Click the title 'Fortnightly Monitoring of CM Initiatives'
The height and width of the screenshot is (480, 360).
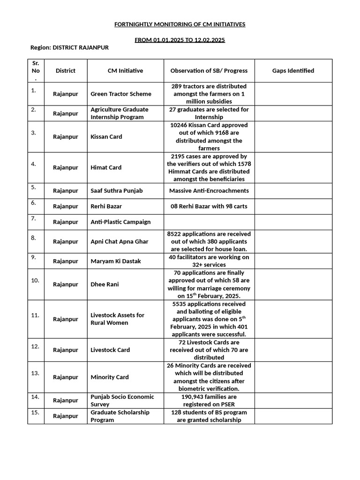(180, 24)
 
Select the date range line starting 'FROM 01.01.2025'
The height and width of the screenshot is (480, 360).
(180, 40)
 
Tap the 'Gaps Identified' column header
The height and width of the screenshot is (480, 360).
(293, 71)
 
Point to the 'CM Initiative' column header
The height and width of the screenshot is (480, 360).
(125, 71)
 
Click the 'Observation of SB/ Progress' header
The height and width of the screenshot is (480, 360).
(209, 71)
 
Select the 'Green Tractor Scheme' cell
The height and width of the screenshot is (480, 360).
(121, 94)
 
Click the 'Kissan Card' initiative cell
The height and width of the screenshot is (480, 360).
(106, 137)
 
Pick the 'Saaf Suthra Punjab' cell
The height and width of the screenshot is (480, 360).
(117, 191)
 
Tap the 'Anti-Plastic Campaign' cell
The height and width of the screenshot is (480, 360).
(120, 222)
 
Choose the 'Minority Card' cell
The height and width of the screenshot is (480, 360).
(110, 377)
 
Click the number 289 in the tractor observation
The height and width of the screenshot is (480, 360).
(177, 86)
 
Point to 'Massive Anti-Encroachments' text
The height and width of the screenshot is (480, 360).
(209, 191)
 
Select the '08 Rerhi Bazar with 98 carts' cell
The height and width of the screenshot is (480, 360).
(209, 206)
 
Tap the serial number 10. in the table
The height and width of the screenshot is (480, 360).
(35, 280)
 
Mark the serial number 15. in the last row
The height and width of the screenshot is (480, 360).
(35, 412)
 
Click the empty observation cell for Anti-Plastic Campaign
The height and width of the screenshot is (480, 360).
(209, 222)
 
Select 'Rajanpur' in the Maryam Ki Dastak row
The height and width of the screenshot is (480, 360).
(66, 261)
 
